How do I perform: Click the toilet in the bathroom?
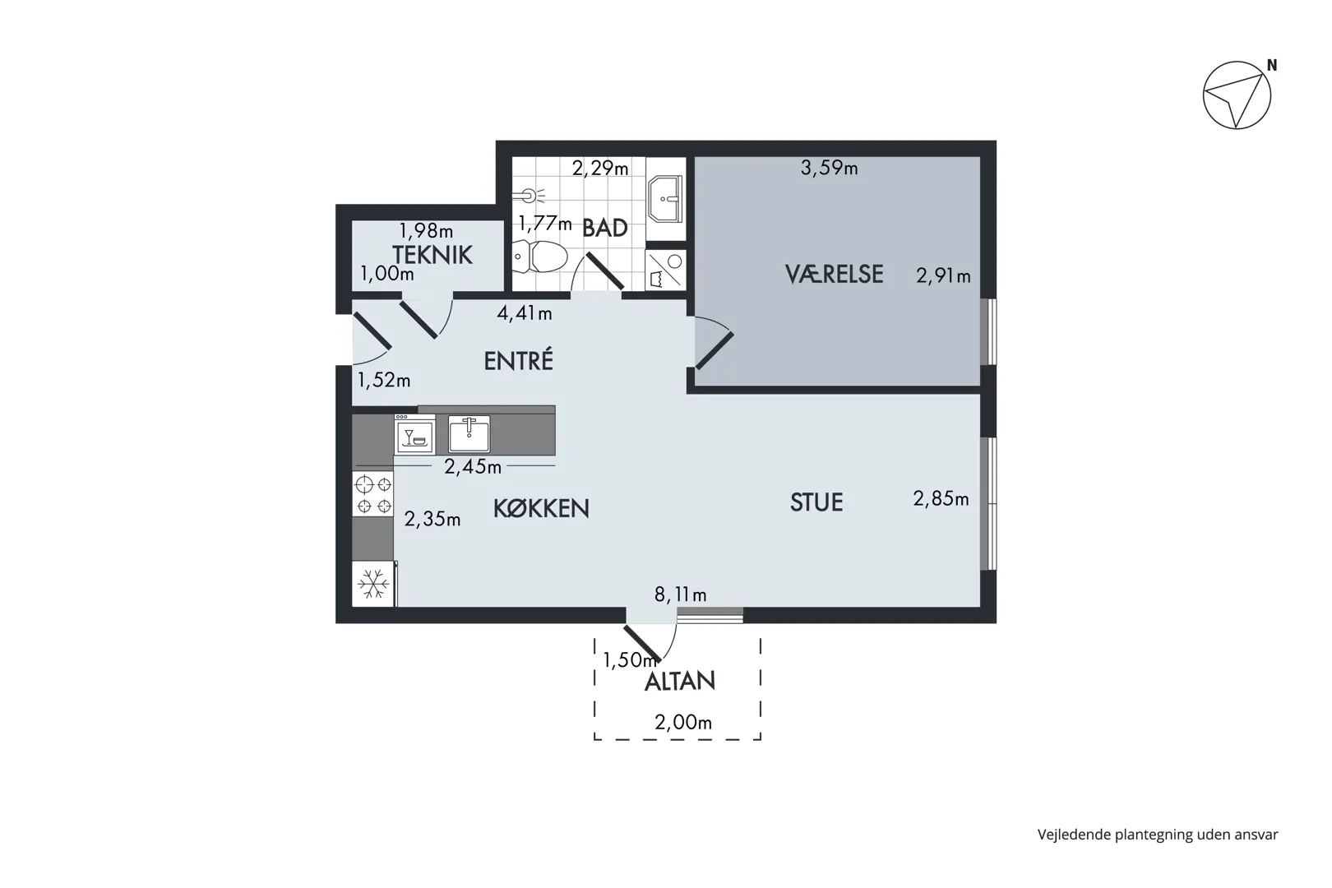(540, 257)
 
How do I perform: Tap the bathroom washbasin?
(666, 199)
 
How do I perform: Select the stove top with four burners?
(372, 493)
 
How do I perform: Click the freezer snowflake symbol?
(373, 584)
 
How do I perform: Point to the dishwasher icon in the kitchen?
(415, 435)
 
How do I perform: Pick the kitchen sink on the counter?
(469, 434)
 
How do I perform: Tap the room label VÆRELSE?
(834, 274)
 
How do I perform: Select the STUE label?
(816, 502)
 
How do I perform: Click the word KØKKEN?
(541, 508)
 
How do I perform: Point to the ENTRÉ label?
(519, 360)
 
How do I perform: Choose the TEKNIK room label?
(432, 255)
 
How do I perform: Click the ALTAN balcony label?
(680, 682)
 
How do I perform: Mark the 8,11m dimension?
(680, 594)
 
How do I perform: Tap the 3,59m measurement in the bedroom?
(829, 169)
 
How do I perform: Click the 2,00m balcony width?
(683, 722)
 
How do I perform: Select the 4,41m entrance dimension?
(525, 312)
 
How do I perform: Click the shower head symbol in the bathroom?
(529, 195)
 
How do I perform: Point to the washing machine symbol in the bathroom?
(666, 270)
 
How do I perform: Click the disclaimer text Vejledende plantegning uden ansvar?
(1158, 835)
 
